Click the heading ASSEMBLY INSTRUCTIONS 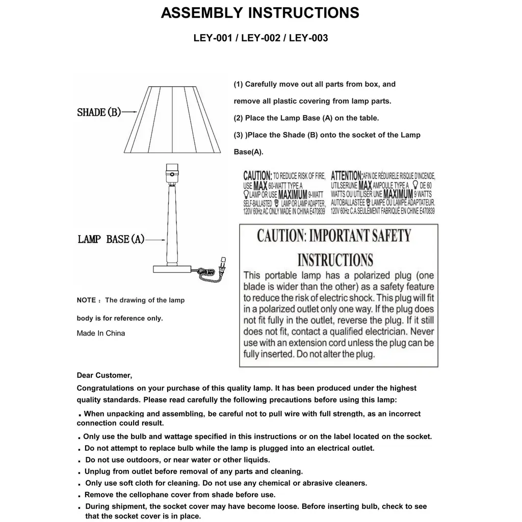coord(260,13)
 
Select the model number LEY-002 coord(260,38)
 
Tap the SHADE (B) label coord(99,112)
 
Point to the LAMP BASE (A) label coord(111,239)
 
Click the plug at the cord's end coord(222,265)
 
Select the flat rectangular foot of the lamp coord(172,269)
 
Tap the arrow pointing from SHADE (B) coord(129,112)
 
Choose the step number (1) coord(238,84)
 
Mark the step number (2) coord(238,118)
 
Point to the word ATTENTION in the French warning coord(347,176)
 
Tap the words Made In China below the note coord(101,333)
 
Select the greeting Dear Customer coord(104,376)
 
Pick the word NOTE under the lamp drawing coord(86,300)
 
